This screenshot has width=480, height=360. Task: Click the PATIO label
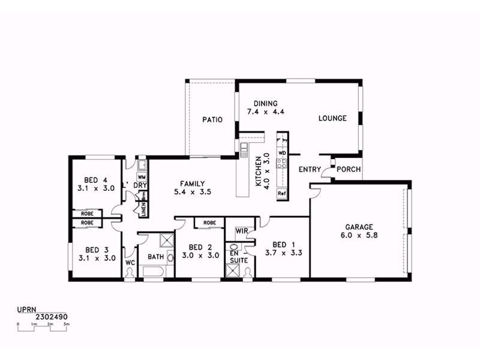[212, 119]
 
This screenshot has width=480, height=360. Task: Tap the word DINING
[265, 103]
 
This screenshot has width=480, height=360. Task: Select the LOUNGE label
[332, 118]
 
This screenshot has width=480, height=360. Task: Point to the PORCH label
[349, 169]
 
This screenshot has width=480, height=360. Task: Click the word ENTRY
[310, 169]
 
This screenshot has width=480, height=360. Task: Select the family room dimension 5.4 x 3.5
[192, 192]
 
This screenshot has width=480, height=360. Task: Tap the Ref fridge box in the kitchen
[281, 194]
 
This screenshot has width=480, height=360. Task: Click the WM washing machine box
[142, 177]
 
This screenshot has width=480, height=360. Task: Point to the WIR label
[242, 230]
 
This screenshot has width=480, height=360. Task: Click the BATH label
[155, 257]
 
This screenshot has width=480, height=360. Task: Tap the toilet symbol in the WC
[130, 272]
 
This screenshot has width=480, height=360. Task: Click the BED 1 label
[283, 244]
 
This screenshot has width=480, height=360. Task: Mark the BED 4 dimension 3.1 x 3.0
[95, 188]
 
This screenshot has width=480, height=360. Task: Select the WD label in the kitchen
[281, 153]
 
